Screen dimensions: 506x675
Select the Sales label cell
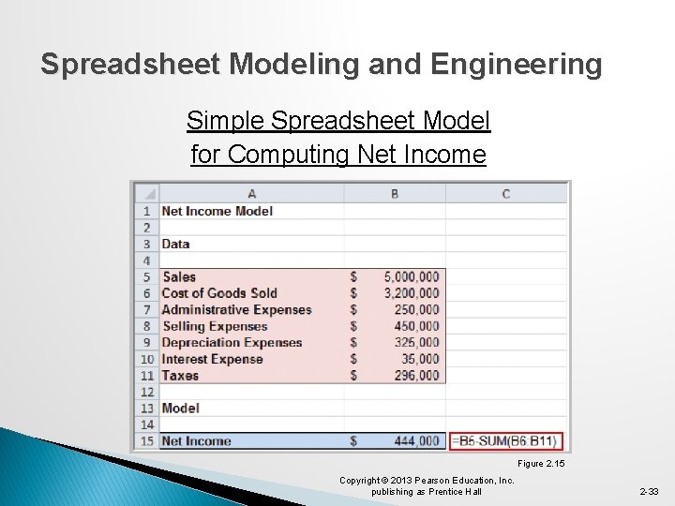point(179,276)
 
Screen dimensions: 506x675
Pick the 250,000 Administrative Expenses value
point(416,309)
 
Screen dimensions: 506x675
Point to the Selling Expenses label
point(215,326)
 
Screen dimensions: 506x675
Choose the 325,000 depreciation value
point(416,342)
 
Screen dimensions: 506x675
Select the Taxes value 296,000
point(416,375)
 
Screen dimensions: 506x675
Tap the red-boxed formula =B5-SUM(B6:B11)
point(505,440)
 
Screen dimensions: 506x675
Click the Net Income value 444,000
point(416,440)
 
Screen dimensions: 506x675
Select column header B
point(395,194)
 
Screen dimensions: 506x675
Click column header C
point(506,194)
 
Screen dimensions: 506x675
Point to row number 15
point(147,440)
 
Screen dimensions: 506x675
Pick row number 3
point(147,244)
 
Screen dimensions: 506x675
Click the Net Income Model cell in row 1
point(217,211)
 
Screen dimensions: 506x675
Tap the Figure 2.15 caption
point(543,464)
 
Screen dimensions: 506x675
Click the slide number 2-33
point(650,491)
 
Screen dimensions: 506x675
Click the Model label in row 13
point(180,408)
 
